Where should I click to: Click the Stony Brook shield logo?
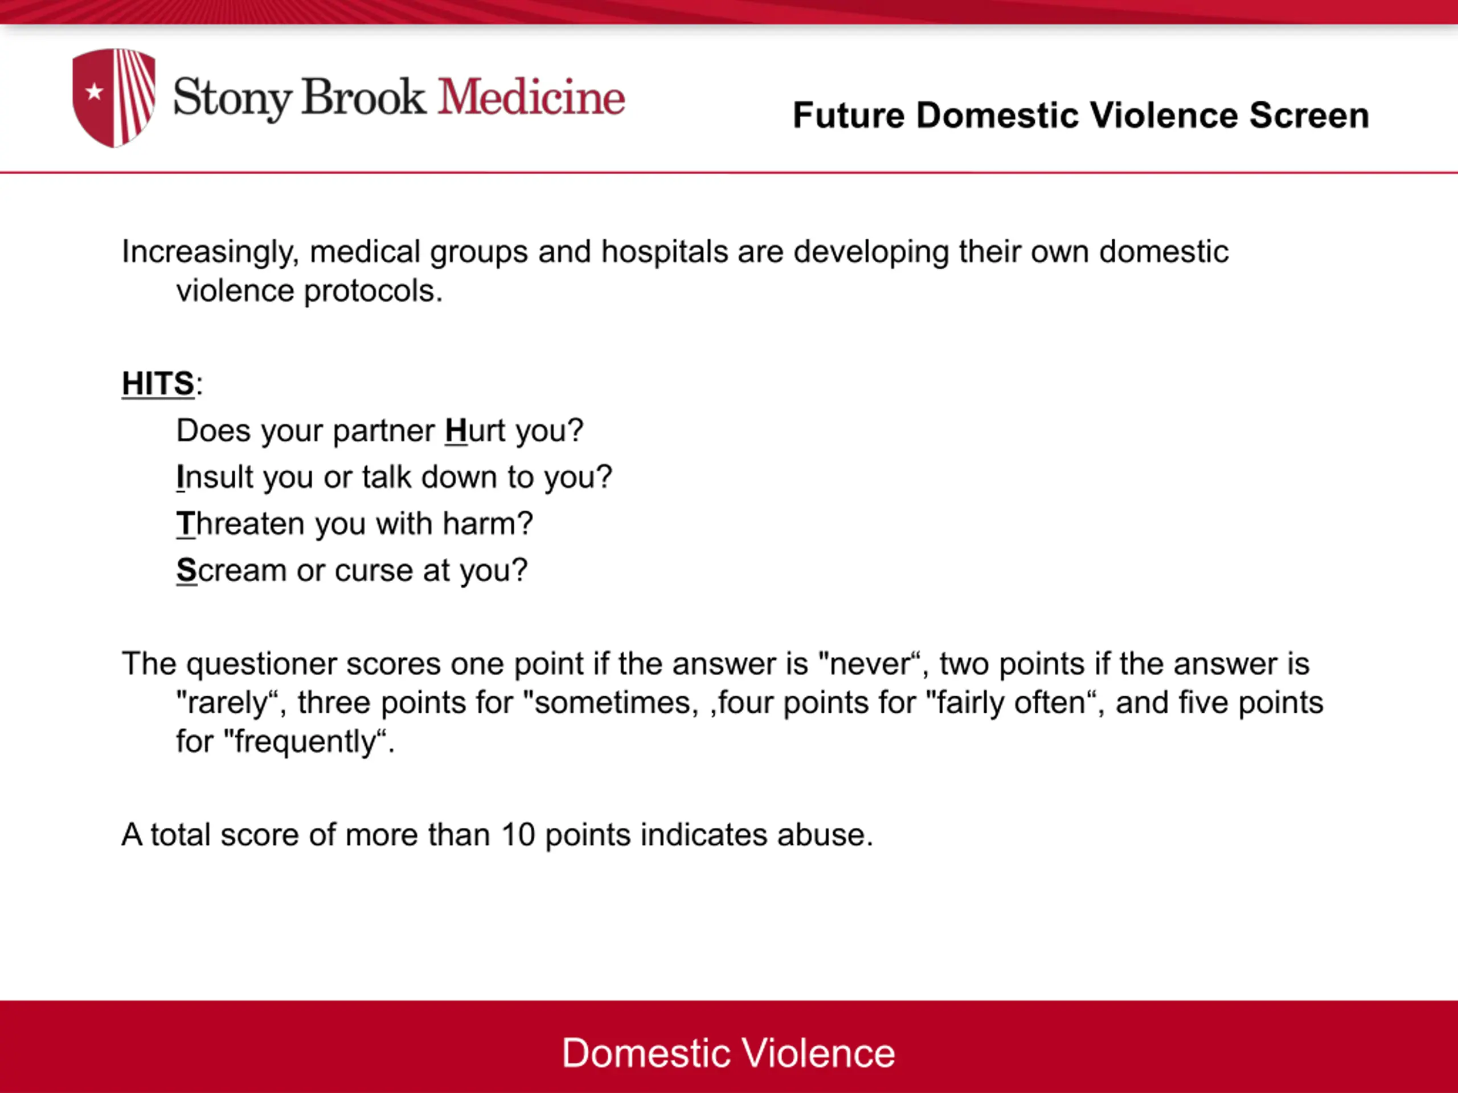click(114, 97)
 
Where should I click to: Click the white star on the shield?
click(95, 92)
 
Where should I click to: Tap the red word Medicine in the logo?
click(531, 97)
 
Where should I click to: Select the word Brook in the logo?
click(364, 97)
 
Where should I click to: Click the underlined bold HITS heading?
click(158, 384)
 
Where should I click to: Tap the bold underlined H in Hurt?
click(456, 431)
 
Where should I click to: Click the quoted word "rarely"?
click(228, 703)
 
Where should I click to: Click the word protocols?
click(373, 291)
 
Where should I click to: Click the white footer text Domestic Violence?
click(728, 1053)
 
